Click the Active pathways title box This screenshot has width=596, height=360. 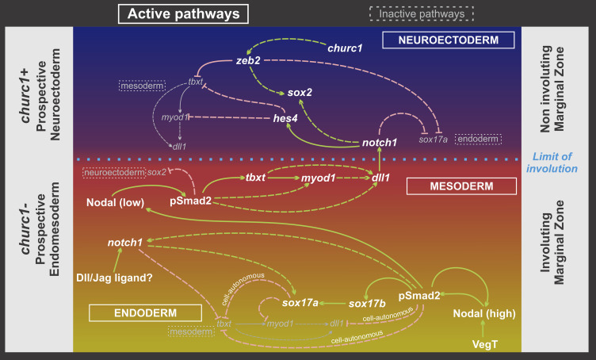183,13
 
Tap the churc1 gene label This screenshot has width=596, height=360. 346,49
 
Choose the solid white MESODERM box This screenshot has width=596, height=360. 461,186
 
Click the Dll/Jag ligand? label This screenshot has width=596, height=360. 114,278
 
